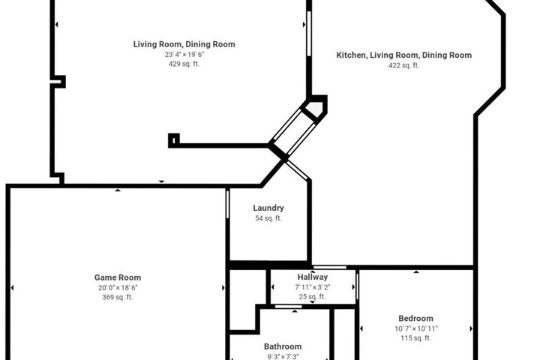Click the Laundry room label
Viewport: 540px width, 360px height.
point(268,208)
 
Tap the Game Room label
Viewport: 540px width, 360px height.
point(118,277)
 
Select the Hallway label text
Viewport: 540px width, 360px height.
point(312,277)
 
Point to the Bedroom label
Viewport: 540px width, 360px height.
point(415,318)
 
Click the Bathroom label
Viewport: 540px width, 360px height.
point(283,346)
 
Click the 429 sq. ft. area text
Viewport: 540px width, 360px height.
point(184,64)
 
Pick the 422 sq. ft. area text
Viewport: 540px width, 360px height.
point(404,65)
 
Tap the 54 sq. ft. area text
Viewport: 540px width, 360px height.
point(268,218)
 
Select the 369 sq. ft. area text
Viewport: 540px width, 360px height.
point(118,297)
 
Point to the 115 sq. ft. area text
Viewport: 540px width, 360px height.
point(415,338)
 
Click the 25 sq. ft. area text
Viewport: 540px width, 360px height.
point(312,297)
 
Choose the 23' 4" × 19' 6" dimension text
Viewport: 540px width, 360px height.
point(184,55)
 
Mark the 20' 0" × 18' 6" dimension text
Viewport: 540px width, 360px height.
point(118,288)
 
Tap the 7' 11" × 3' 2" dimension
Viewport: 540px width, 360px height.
point(312,287)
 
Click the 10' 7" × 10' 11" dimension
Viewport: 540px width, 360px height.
point(416,328)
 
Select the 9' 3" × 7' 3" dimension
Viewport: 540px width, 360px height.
point(283,357)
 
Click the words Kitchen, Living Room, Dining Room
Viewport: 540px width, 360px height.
point(404,55)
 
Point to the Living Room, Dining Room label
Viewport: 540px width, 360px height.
point(184,44)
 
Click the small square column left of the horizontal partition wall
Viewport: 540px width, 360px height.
point(174,140)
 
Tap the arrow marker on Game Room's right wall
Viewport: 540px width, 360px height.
point(223,288)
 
